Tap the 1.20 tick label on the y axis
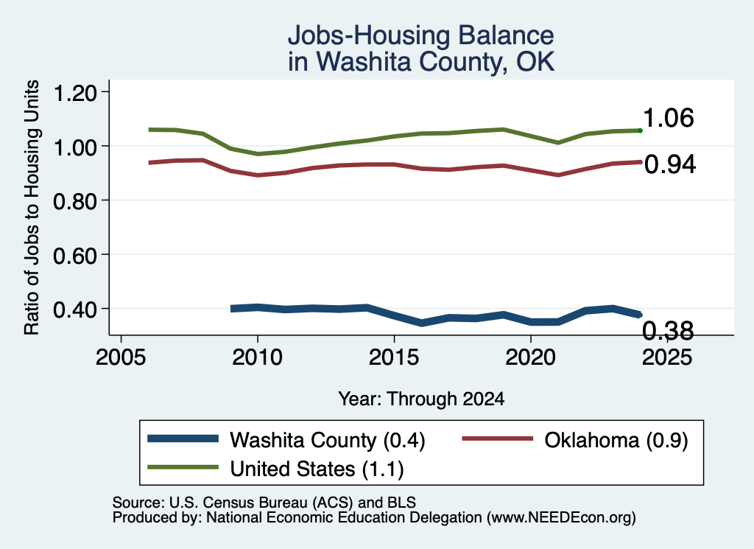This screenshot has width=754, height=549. point(75,92)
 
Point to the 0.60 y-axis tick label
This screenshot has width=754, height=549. point(75,255)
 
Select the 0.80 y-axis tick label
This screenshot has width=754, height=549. point(75,200)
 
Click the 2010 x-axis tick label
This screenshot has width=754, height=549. point(257,357)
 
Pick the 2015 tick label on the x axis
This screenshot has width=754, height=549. point(394,357)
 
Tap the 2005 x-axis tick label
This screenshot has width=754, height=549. point(121,357)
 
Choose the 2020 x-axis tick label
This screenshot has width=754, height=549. point(530,357)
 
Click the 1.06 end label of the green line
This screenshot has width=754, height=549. point(669,118)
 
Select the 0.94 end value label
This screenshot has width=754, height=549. point(670,164)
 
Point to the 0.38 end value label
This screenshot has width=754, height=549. point(669,331)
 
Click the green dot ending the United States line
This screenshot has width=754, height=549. point(640,130)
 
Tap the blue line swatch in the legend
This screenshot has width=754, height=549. point(183,438)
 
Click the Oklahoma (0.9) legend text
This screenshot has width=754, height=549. point(616,440)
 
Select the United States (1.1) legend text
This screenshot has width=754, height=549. point(317,469)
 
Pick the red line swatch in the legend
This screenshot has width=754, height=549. point(498,438)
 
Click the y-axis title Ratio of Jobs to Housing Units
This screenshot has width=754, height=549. point(32,207)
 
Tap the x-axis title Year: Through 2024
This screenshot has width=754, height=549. point(421,399)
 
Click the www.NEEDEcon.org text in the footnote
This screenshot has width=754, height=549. point(560,518)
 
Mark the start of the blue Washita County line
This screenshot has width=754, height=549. point(231,309)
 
